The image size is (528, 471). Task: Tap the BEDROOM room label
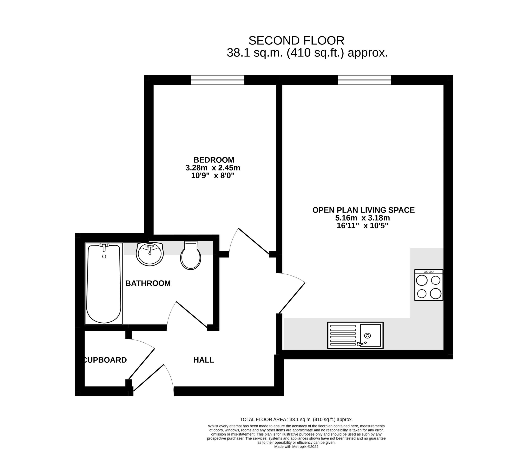click(x=214, y=160)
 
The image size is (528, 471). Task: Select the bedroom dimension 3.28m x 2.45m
click(x=213, y=168)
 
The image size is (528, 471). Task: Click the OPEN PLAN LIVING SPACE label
click(x=364, y=210)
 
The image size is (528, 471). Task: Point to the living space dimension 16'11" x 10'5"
click(x=363, y=226)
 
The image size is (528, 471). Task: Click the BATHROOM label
click(x=148, y=283)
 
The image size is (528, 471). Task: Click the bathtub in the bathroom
click(x=104, y=284)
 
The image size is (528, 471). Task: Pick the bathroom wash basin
click(x=150, y=254)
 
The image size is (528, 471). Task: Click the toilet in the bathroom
click(x=191, y=255)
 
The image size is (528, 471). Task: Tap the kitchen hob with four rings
click(x=429, y=285)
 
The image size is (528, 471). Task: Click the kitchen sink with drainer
click(x=355, y=335)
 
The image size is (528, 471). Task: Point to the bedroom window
click(x=218, y=80)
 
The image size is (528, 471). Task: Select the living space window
click(x=364, y=80)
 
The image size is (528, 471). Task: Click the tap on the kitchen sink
click(x=362, y=344)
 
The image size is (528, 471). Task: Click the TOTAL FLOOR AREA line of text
click(x=296, y=419)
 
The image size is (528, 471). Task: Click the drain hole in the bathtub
click(x=104, y=256)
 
